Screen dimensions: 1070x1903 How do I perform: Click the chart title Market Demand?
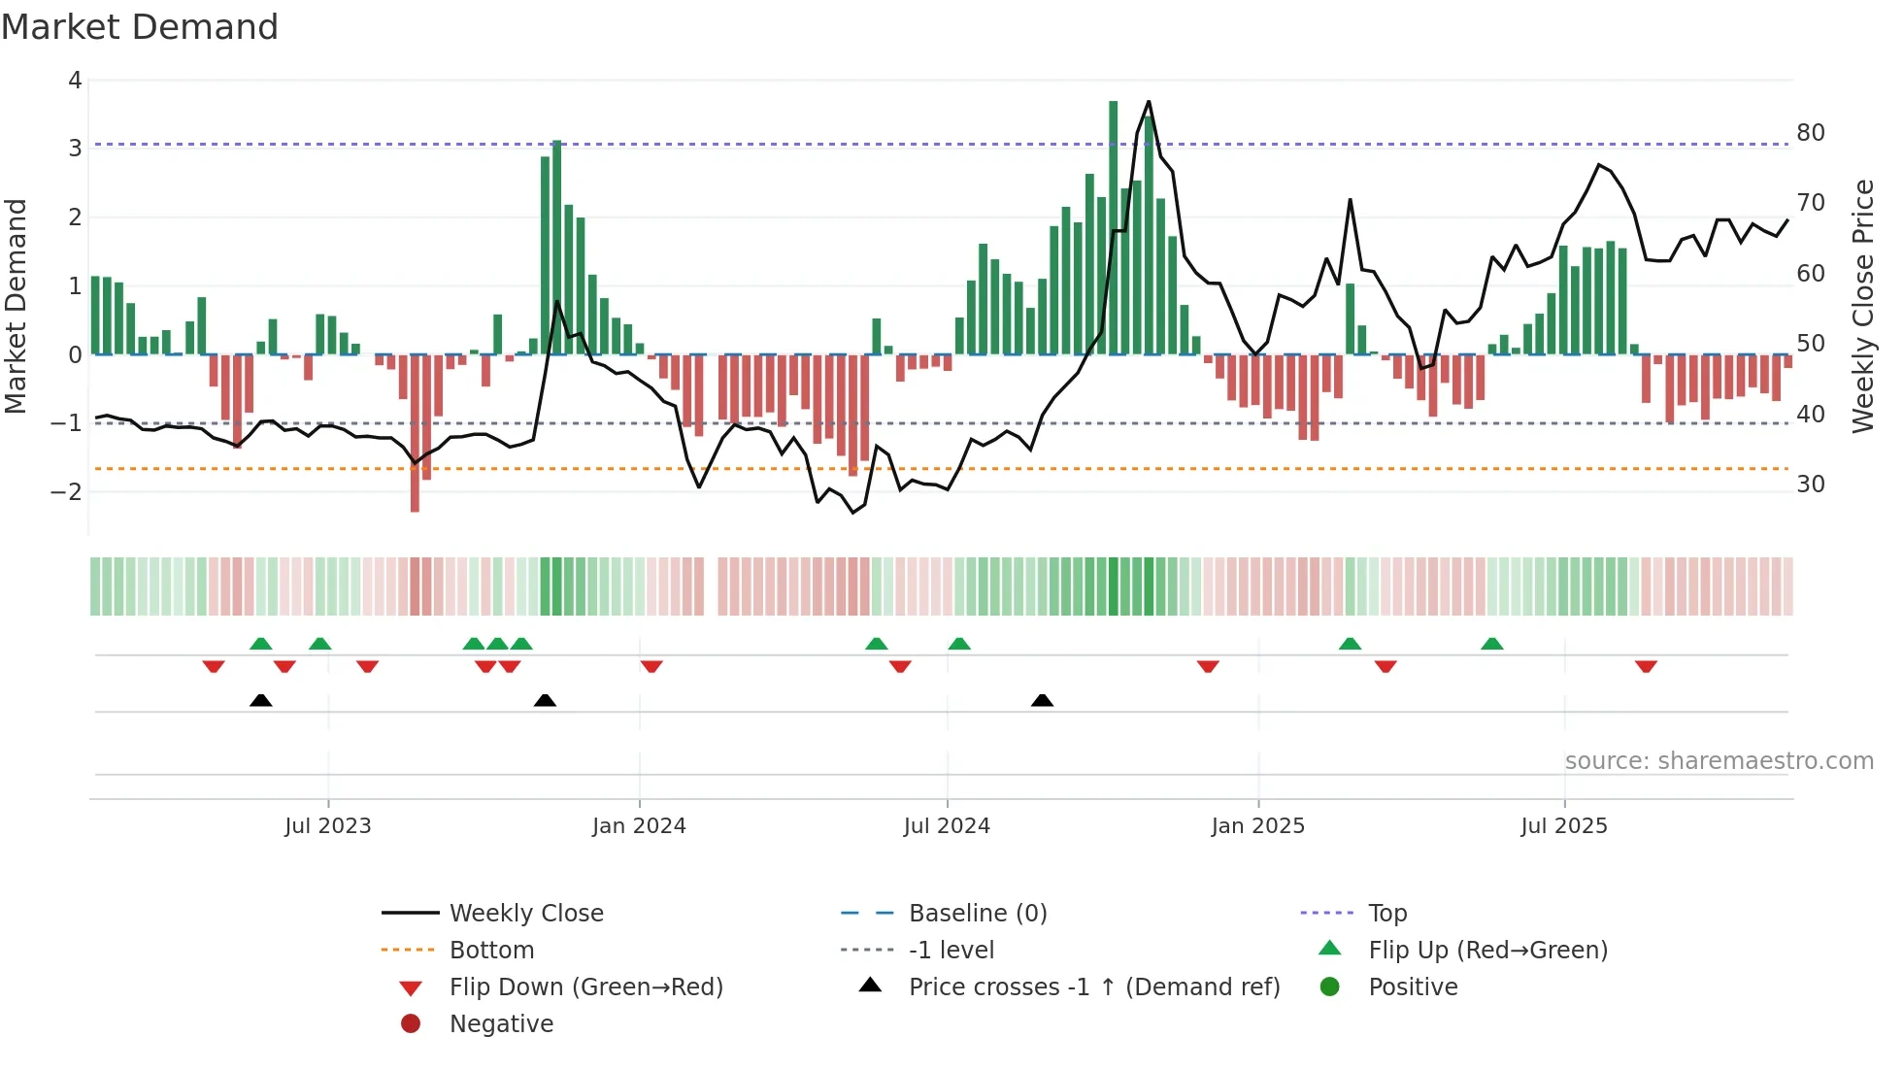[140, 27]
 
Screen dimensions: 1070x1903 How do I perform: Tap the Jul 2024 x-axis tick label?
[947, 826]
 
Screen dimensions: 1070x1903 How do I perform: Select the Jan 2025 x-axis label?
[1257, 826]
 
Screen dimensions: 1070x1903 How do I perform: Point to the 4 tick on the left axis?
[75, 81]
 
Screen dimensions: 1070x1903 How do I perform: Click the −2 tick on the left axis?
[67, 491]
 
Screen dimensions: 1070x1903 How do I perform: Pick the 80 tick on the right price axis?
[1810, 133]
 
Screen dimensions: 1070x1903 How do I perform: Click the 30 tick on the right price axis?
[1810, 484]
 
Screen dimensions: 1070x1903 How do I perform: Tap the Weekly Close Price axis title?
[1862, 306]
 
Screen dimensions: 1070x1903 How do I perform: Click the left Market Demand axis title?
[16, 306]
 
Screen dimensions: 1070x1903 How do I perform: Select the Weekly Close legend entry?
[525, 914]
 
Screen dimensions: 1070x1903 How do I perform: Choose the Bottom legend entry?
[491, 951]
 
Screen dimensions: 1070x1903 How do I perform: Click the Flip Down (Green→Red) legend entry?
[585, 987]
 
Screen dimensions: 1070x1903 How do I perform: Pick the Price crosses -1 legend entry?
[1093, 987]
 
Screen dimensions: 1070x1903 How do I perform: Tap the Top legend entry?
[1386, 914]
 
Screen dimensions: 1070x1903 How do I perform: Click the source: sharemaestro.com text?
[1719, 761]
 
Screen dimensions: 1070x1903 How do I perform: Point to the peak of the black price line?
[1149, 102]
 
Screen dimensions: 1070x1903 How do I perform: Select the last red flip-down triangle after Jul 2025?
[1646, 666]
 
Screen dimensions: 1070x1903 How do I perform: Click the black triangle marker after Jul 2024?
[1042, 700]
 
